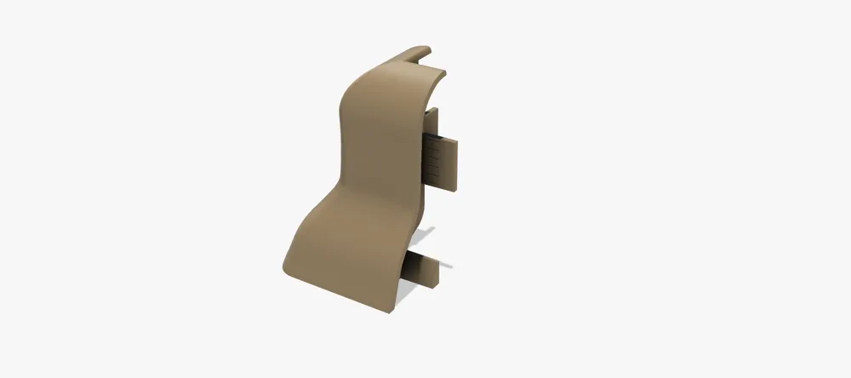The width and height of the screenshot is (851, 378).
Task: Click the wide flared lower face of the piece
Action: tap(340, 255)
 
